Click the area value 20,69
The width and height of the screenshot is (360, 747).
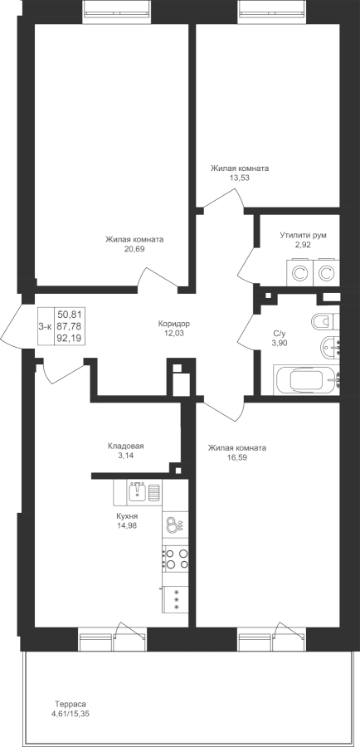coord(134,249)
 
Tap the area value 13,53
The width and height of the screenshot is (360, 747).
coord(240,178)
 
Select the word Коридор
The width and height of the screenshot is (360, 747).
coord(174,324)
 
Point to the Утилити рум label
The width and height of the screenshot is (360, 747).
coord(303,235)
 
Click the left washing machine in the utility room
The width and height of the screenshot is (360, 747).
coord(299,273)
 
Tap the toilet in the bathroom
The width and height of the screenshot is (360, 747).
coord(326,321)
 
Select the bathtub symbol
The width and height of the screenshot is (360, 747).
coord(306,380)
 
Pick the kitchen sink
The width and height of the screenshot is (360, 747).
coord(138,491)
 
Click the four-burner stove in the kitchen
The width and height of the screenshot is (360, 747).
coord(175,559)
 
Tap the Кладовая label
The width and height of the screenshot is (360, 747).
coord(126,447)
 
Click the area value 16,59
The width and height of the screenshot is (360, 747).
coord(237,457)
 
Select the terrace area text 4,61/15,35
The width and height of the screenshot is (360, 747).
coord(70,713)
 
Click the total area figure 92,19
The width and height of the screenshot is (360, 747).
coord(69,338)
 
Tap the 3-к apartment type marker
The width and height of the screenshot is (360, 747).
coord(45,325)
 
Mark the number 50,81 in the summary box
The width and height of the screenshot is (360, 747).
coord(69,314)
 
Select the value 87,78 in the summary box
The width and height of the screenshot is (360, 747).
coord(69,325)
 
